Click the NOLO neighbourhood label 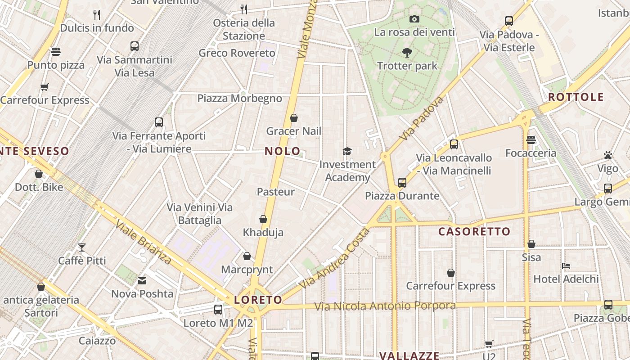[282, 151]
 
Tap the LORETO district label [258, 300]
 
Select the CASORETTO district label [474, 232]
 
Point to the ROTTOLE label [576, 97]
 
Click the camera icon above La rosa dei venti [414, 19]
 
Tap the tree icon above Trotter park [407, 53]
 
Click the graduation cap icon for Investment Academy [347, 151]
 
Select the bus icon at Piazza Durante [402, 183]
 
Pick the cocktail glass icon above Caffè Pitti [81, 247]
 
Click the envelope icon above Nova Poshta [142, 281]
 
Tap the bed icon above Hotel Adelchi [566, 266]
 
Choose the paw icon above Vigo [608, 156]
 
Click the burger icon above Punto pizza [56, 52]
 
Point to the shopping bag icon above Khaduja [263, 219]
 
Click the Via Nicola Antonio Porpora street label [385, 306]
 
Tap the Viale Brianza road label [144, 242]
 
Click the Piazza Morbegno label [239, 99]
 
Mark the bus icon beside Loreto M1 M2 [218, 310]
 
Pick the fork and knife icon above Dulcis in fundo [97, 15]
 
